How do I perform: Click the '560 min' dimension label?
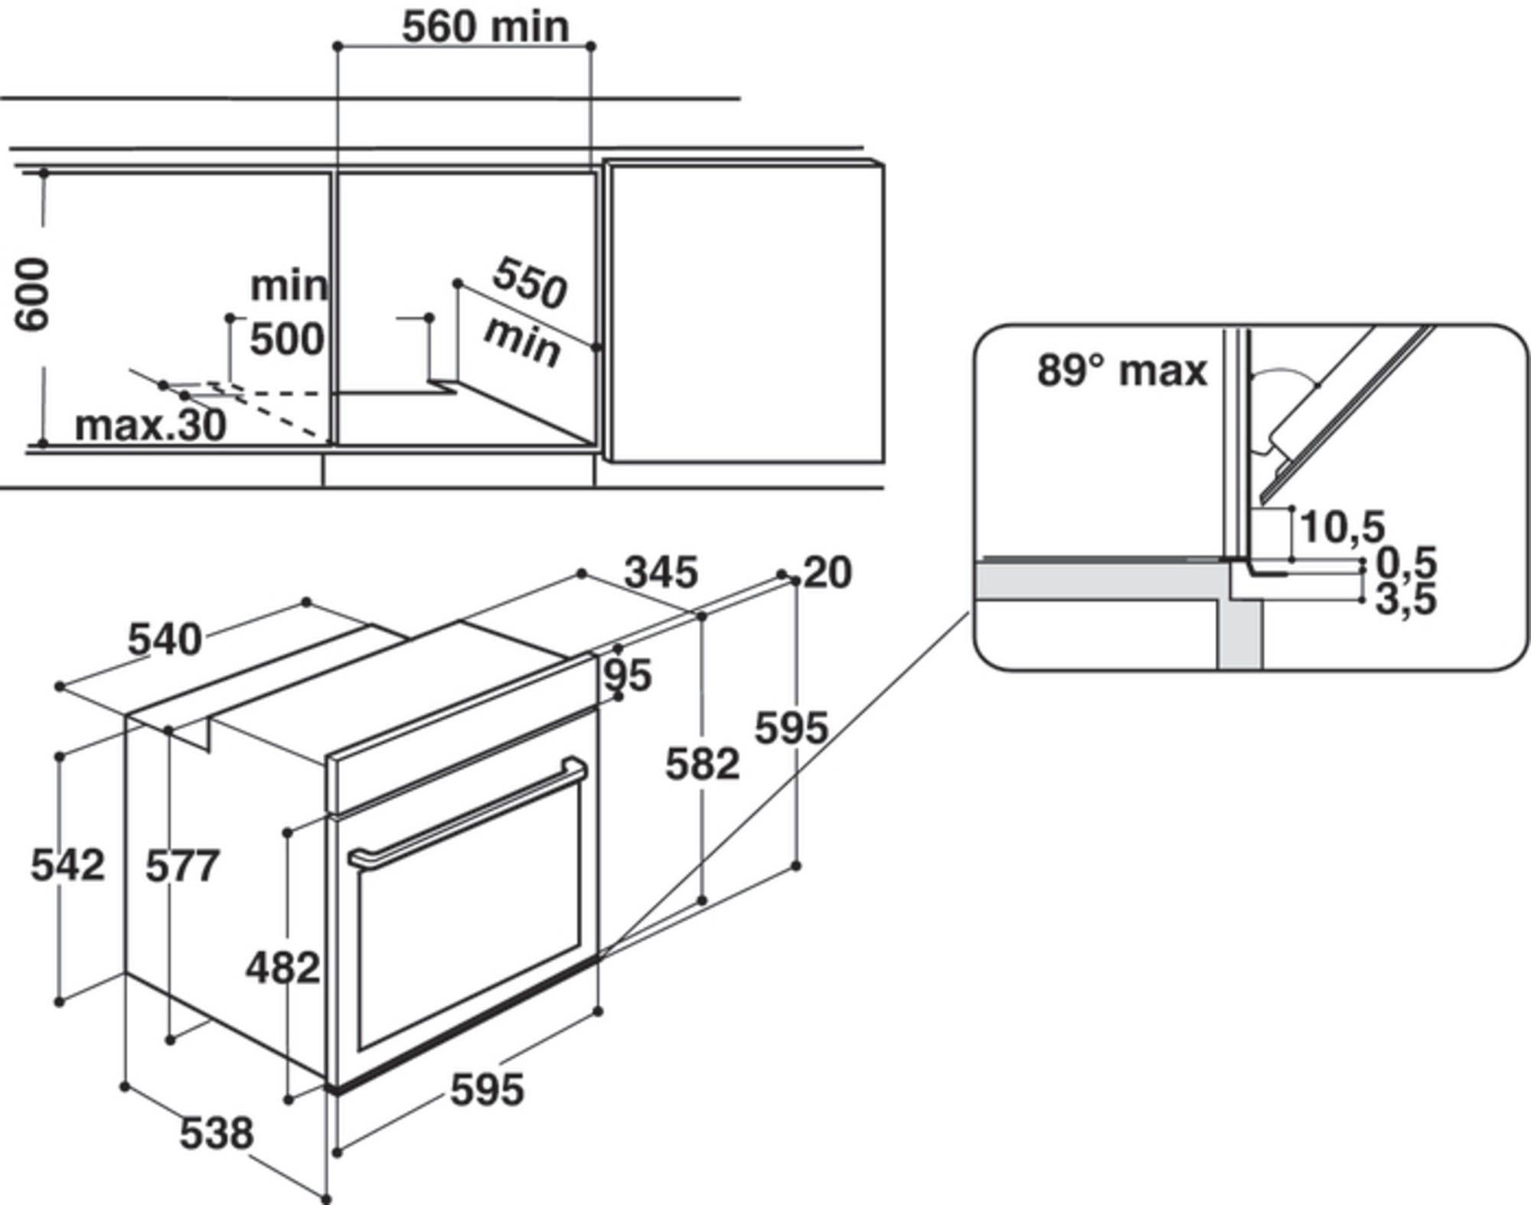pyautogui.click(x=485, y=28)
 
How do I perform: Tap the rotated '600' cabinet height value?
pyautogui.click(x=34, y=295)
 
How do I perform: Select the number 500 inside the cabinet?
pyautogui.click(x=287, y=338)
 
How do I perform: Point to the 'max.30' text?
pyautogui.click(x=151, y=425)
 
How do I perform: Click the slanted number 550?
pyautogui.click(x=530, y=282)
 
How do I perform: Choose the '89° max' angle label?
pyautogui.click(x=1121, y=371)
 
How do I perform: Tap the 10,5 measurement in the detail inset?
pyautogui.click(x=1343, y=527)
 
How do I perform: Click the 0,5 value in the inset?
pyautogui.click(x=1406, y=563)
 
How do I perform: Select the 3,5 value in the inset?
pyautogui.click(x=1406, y=599)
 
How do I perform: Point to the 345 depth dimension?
pyautogui.click(x=661, y=573)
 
